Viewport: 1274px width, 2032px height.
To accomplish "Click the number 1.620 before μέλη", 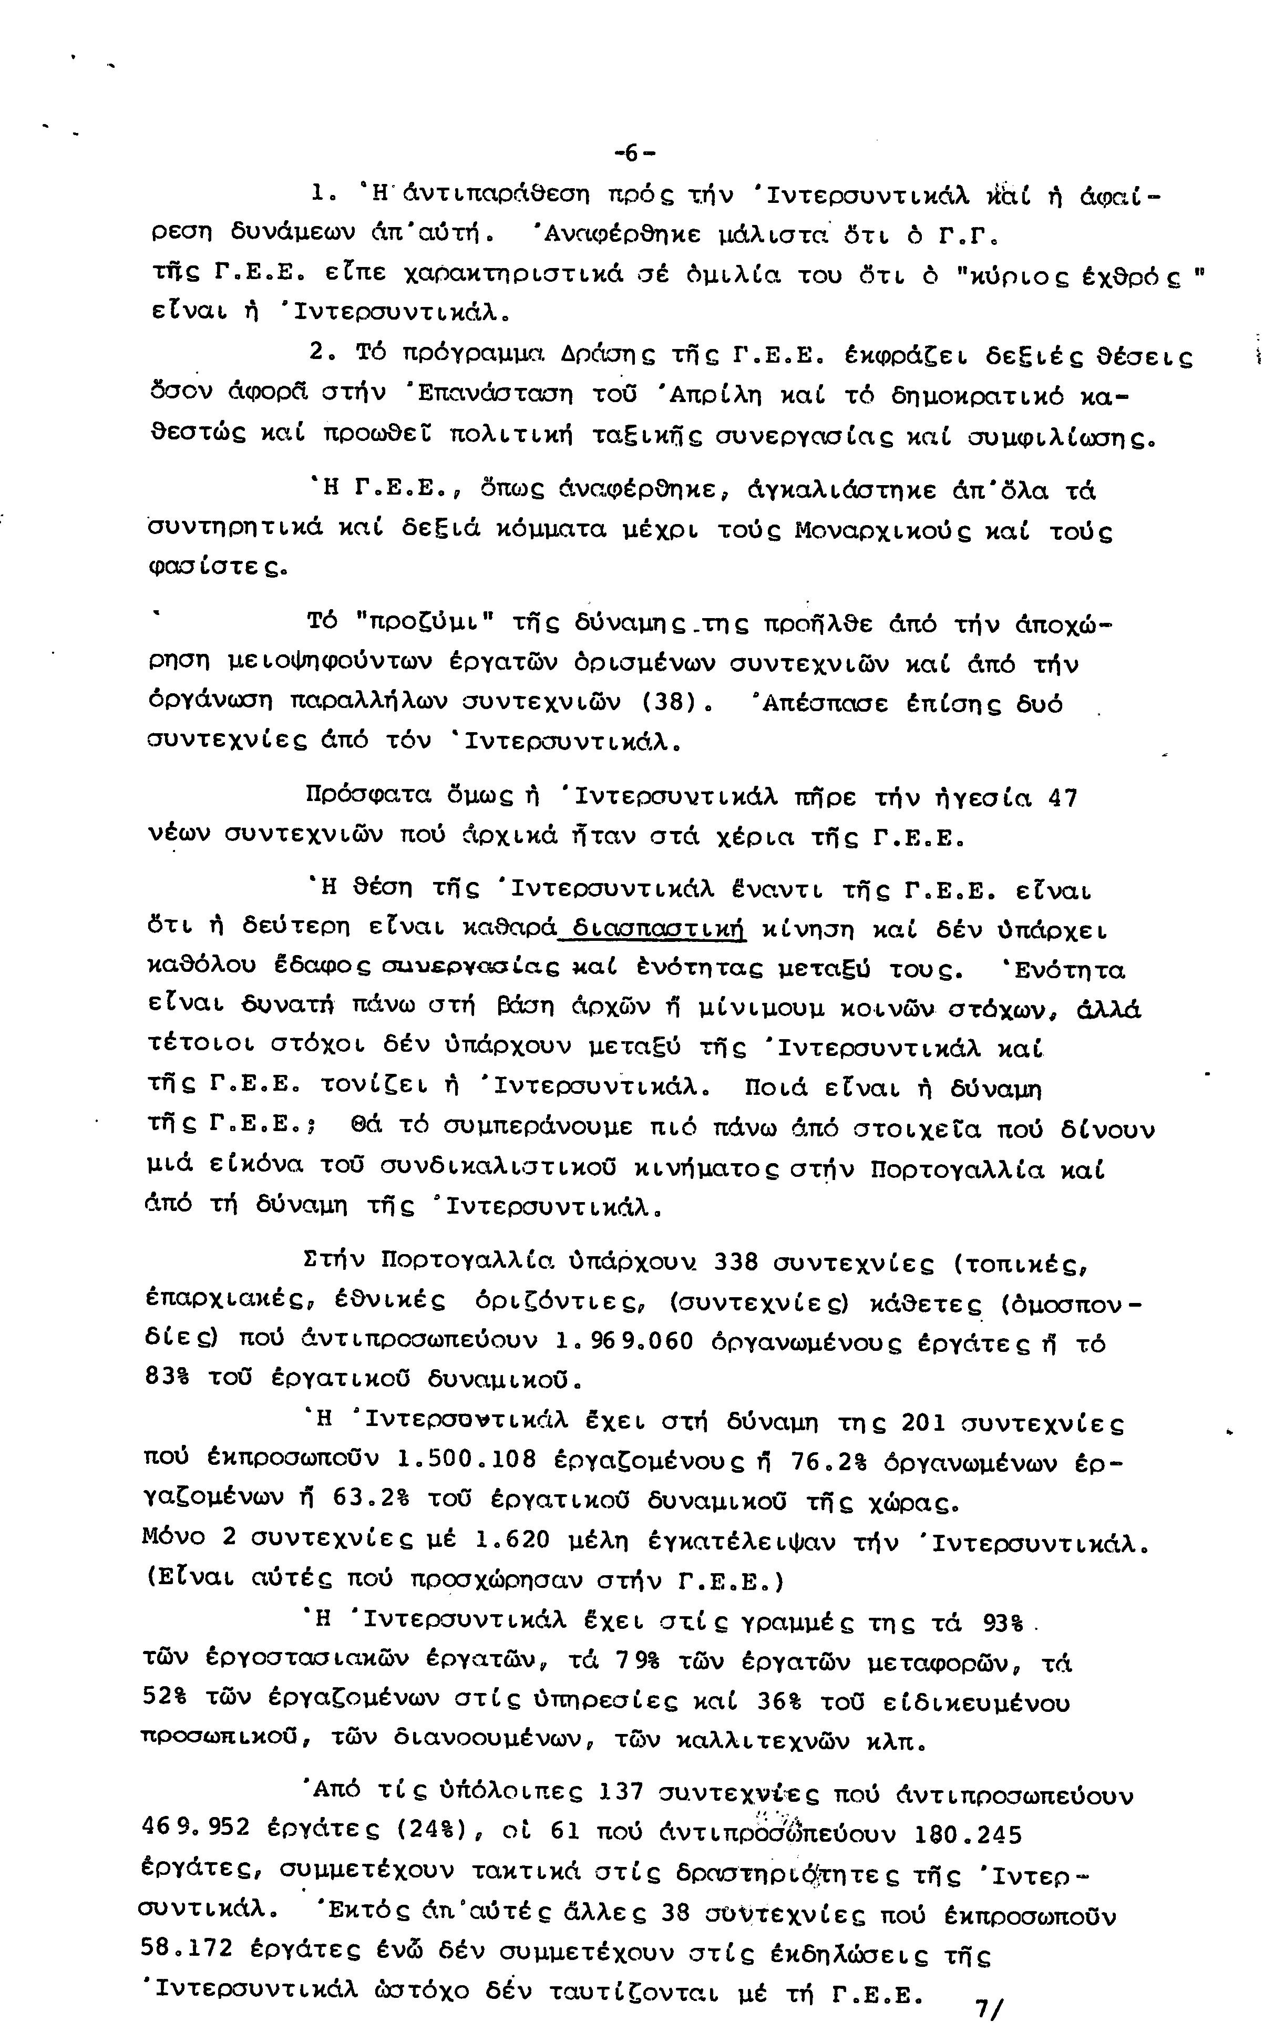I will (512, 1539).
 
